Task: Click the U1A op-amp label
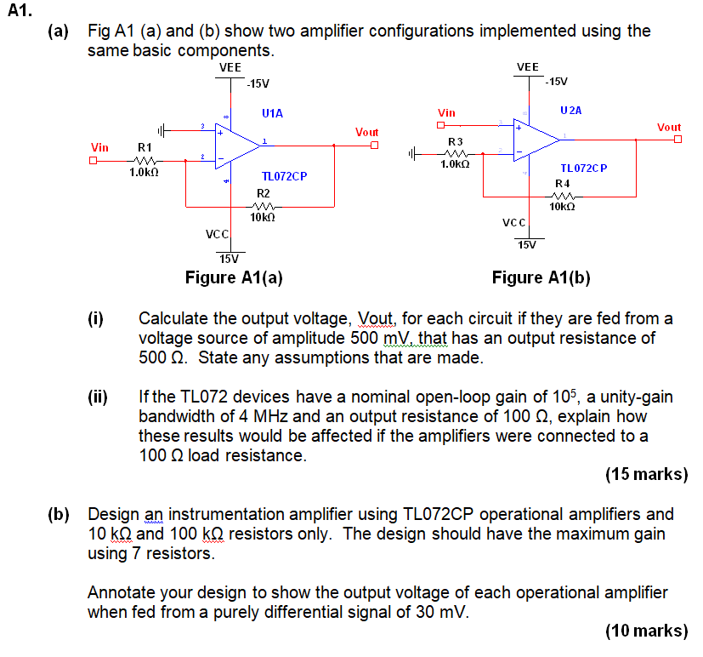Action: (272, 112)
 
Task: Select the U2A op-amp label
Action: (571, 111)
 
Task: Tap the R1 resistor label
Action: (145, 147)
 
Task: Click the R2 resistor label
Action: (263, 193)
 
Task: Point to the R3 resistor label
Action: (455, 140)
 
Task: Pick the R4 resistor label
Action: (562, 183)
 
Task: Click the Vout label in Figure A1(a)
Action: (367, 132)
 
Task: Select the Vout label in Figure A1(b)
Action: (669, 127)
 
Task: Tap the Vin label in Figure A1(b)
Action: (446, 112)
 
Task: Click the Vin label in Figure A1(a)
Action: (99, 147)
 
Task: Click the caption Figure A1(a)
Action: (234, 277)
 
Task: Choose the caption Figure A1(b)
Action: (541, 277)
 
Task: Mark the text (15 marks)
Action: (646, 474)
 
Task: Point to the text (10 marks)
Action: (646, 631)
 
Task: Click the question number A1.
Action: (19, 11)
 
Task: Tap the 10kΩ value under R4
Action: (562, 206)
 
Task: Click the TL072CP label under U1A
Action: (284, 176)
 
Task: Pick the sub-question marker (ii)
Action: (97, 397)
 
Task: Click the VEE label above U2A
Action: (527, 66)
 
